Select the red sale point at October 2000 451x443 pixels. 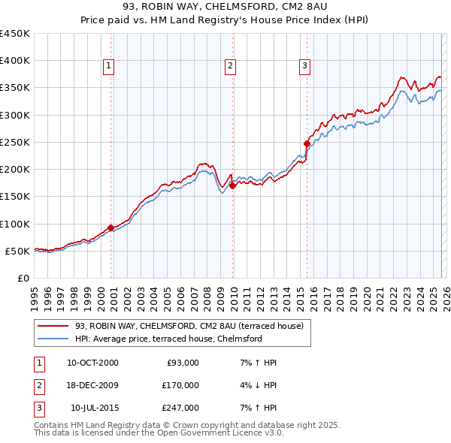point(111,227)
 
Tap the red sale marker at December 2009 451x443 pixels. point(232,185)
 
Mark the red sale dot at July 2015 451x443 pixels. point(307,143)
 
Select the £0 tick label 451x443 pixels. point(23,278)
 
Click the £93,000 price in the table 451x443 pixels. point(181,363)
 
